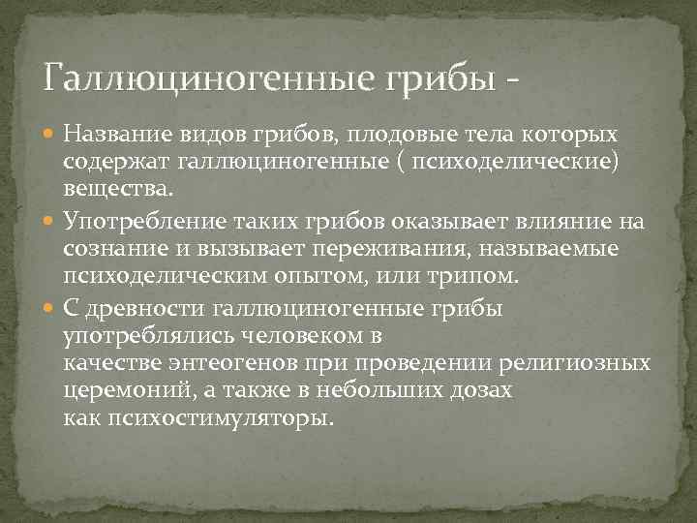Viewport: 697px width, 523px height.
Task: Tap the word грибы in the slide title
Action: [440, 76]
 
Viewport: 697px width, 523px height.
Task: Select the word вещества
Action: [116, 185]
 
